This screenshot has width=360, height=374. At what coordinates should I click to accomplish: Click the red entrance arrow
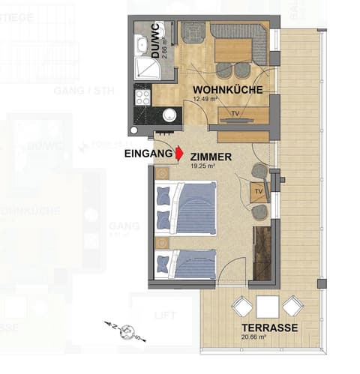tap(178, 154)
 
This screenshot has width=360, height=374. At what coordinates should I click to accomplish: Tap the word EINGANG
tap(147, 154)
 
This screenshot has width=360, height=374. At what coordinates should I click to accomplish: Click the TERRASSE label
tap(271, 328)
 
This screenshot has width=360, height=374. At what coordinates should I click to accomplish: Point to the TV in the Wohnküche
tap(236, 115)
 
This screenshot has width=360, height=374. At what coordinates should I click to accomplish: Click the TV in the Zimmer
tap(259, 191)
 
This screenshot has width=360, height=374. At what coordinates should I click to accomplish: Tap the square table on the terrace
tap(267, 307)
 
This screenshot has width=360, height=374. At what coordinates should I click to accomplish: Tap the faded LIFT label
tap(165, 316)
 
